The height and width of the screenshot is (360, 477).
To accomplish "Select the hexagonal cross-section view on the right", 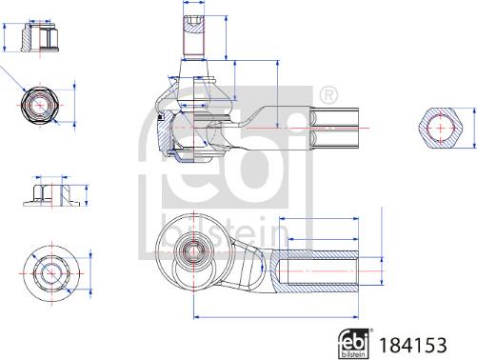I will click(443, 126).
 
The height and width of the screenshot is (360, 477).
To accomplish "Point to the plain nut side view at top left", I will click(41, 38).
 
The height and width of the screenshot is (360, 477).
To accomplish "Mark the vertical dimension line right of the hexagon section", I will click(471, 126).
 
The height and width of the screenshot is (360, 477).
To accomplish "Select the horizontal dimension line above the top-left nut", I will click(41, 16).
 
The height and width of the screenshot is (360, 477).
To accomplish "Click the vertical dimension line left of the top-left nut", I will click(8, 38).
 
